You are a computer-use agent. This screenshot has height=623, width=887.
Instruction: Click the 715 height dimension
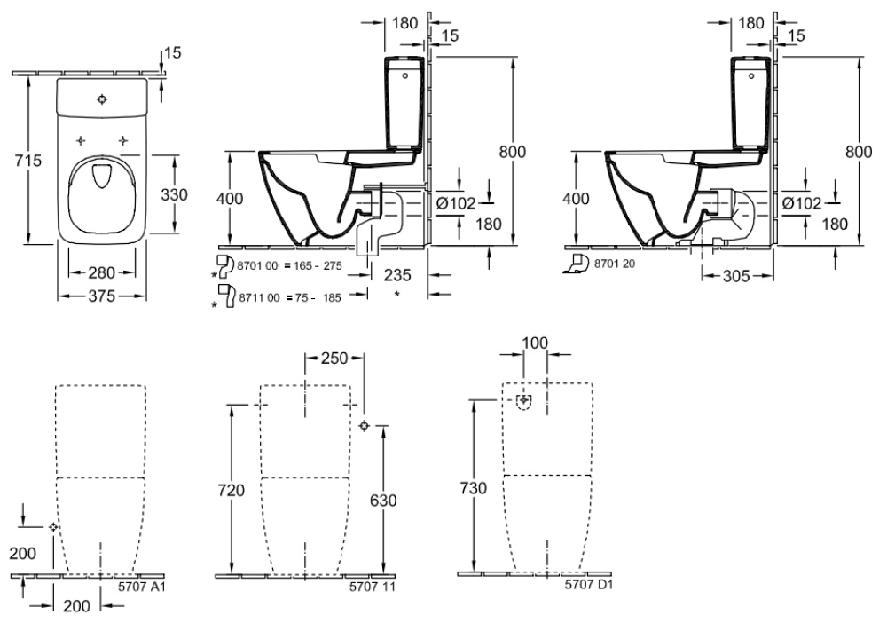pos(19,160)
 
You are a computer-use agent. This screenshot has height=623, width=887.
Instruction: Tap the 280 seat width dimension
pos(102,271)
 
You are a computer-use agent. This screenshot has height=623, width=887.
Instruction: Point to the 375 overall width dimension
pos(102,296)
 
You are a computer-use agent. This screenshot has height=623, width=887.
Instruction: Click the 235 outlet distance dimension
pos(396,276)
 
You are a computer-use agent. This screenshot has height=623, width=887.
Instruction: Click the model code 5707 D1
pos(590,585)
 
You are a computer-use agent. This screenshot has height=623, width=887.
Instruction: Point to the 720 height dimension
pos(230,489)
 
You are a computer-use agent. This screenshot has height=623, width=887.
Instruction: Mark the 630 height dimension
pos(382,500)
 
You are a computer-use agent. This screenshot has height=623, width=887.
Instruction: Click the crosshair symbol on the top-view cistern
pos(102,99)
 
